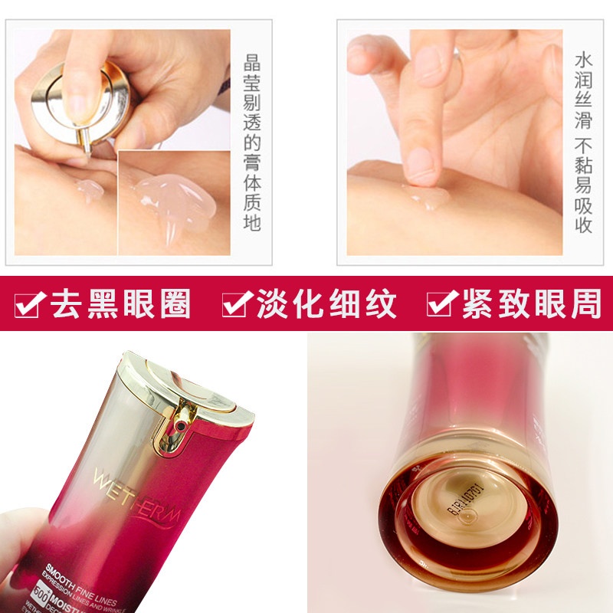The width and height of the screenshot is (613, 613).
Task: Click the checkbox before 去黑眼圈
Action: click(29, 304)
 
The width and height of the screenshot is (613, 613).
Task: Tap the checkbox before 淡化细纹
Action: click(234, 304)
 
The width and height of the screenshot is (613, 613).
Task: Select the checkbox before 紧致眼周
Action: click(440, 304)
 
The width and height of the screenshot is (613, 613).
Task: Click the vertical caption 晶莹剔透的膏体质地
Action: click(252, 142)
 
